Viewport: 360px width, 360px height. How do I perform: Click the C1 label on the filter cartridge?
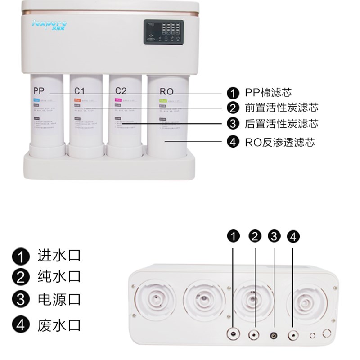click(x=81, y=90)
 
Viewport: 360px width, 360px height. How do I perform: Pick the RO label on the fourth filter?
click(x=166, y=91)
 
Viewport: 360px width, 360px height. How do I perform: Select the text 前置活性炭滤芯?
click(x=282, y=108)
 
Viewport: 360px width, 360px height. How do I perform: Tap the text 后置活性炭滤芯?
click(x=282, y=124)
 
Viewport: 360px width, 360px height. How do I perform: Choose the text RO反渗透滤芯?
click(x=279, y=143)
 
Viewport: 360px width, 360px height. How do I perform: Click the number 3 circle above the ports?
click(x=274, y=236)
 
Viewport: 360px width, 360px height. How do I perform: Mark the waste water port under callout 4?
click(x=293, y=335)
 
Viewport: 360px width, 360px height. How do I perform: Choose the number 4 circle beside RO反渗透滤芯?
click(x=233, y=143)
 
